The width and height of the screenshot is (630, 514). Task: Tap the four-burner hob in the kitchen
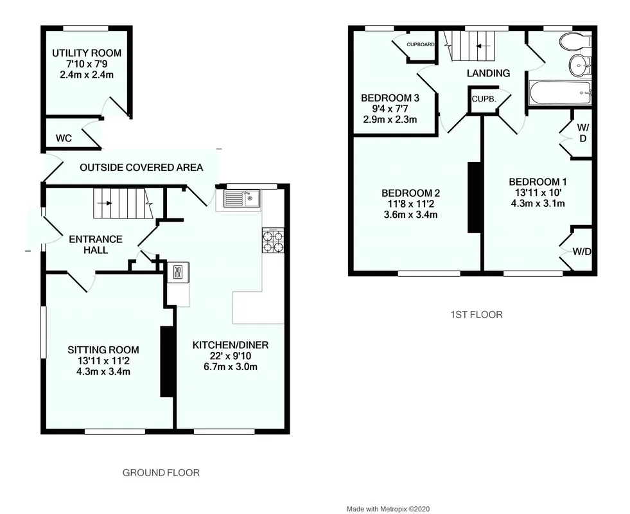pos(273,240)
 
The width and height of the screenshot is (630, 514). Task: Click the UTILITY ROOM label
pos(87,53)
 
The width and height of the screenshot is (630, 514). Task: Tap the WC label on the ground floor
pos(64,139)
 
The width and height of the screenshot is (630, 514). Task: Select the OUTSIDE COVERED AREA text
pos(141,168)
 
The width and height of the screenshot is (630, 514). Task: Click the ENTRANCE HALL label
pos(96,245)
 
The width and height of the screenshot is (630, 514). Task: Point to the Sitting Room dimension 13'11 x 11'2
pos(103,361)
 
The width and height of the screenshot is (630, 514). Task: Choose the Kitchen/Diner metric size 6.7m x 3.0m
pos(231,366)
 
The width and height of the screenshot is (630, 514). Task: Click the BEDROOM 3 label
pos(390,98)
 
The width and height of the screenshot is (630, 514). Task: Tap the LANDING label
pos(488,73)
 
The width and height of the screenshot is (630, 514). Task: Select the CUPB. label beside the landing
pos(484,98)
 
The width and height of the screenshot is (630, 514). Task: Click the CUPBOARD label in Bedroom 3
pos(420,44)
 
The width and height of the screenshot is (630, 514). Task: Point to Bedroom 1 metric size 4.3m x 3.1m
pos(538,203)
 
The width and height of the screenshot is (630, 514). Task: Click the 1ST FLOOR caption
pos(477,314)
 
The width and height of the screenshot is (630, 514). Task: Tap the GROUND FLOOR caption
pos(161,473)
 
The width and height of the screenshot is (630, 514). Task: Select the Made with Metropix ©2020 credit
pos(388,509)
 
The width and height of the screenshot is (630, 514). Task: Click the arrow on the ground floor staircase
pos(107,203)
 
